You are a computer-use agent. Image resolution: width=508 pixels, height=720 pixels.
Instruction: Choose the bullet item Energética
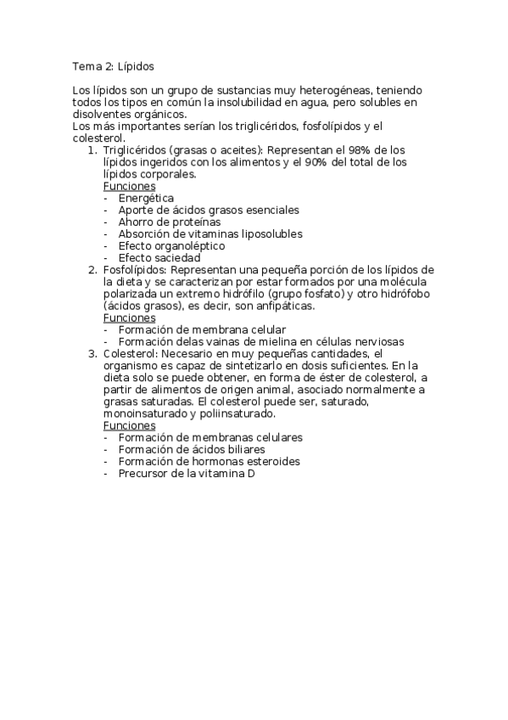click(x=146, y=198)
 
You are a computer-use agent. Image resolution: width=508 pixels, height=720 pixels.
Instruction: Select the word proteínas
click(x=185, y=222)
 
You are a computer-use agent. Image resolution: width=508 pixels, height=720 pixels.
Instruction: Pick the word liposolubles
click(x=271, y=233)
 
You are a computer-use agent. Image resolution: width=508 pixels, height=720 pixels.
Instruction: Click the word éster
click(x=308, y=377)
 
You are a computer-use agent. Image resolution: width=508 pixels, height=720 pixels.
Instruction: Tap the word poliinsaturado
click(x=234, y=413)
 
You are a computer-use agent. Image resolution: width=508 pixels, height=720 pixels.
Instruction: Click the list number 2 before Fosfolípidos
click(x=93, y=270)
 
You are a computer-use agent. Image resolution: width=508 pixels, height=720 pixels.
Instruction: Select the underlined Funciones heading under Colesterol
click(x=129, y=425)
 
